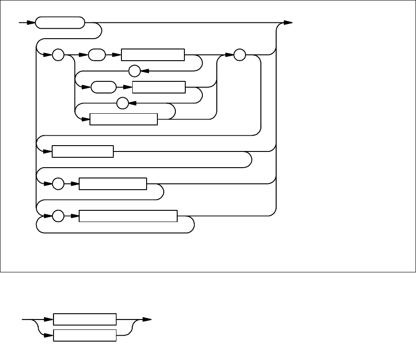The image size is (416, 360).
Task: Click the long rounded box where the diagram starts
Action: point(60,23)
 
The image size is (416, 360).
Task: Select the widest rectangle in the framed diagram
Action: point(128,216)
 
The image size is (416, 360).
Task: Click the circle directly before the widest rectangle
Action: point(58,216)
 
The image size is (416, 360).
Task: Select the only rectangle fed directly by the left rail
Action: point(83,151)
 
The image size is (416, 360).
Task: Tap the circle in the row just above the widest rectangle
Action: point(58,184)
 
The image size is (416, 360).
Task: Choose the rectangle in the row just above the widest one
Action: point(113,184)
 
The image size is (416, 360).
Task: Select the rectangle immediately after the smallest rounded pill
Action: point(153,55)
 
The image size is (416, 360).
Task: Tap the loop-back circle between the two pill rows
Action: point(134,71)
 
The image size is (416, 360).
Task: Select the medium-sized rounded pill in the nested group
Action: point(103,87)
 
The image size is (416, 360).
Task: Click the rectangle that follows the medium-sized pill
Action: point(159,87)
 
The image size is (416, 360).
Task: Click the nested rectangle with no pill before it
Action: point(124,119)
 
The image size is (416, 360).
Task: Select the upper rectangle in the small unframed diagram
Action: point(85,319)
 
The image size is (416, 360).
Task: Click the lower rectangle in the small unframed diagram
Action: point(85,335)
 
